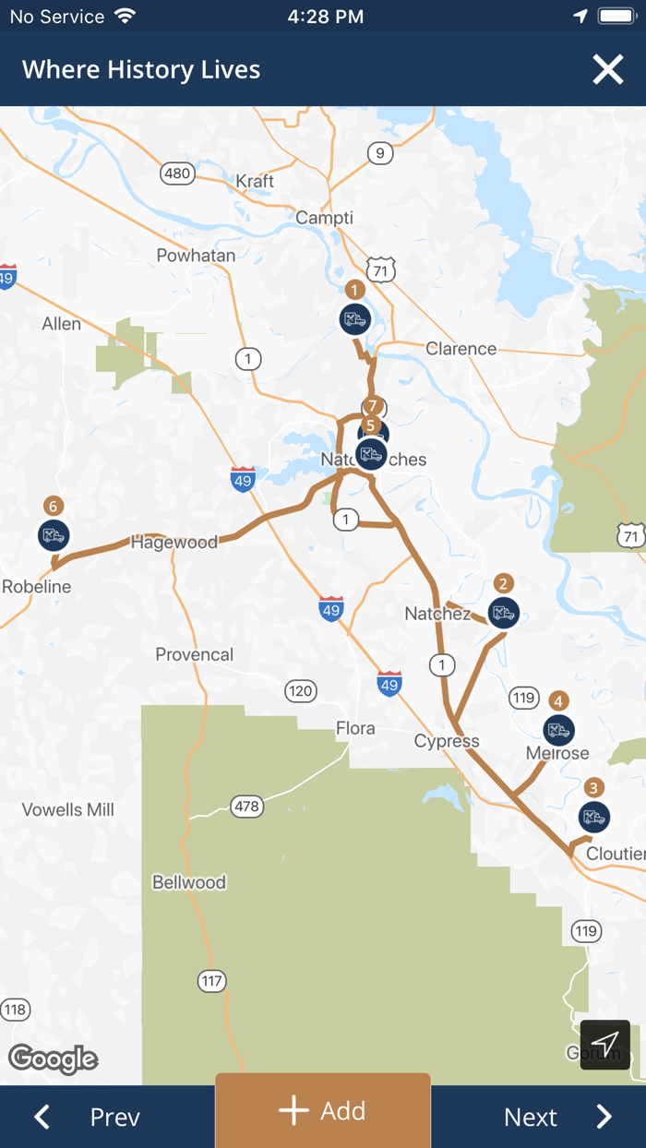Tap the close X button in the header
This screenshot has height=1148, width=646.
(x=608, y=70)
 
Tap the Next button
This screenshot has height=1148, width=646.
(x=556, y=1117)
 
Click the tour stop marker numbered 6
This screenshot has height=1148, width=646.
(x=54, y=534)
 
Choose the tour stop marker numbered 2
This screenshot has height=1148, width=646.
(x=503, y=612)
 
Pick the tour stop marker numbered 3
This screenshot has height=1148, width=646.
(x=593, y=817)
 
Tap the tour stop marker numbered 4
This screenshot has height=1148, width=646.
(x=557, y=730)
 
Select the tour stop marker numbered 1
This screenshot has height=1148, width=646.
(x=353, y=319)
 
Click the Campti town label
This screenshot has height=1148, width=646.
(x=324, y=218)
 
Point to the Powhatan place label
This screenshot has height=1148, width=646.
(x=196, y=256)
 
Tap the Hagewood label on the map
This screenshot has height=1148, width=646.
(x=174, y=543)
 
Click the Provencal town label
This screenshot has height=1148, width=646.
(x=194, y=654)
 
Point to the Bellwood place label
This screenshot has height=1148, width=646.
(x=189, y=882)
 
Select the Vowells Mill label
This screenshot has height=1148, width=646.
(x=68, y=810)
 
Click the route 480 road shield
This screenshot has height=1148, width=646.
(x=176, y=173)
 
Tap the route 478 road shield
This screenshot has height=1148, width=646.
(x=246, y=807)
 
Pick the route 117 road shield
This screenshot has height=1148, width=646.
(x=212, y=981)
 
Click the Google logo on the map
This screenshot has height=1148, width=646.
(x=54, y=1058)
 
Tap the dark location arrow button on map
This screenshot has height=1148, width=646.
(x=604, y=1045)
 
